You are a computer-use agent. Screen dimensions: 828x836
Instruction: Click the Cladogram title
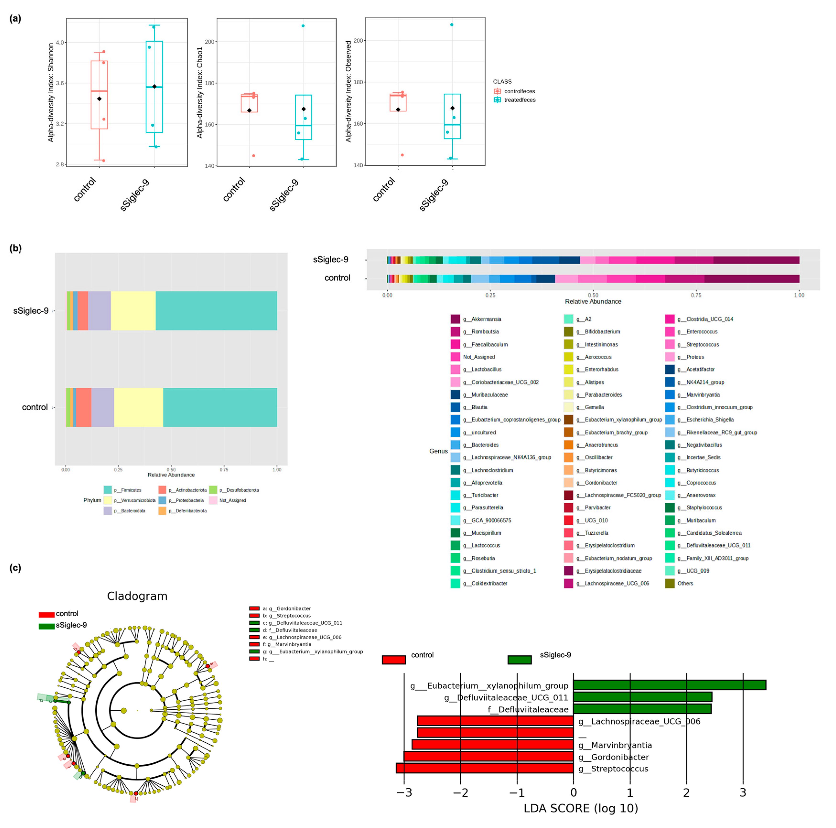pyautogui.click(x=137, y=596)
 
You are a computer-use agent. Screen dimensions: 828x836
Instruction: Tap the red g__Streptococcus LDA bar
pyautogui.click(x=485, y=768)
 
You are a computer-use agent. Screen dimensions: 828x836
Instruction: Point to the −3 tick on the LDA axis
pyautogui.click(x=404, y=792)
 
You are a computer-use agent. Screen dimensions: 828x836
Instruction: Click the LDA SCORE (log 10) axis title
pyautogui.click(x=581, y=808)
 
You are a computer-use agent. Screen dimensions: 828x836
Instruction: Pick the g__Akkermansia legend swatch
pyautogui.click(x=455, y=319)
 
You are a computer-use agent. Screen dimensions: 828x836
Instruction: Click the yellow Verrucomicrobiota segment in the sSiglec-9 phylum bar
pyautogui.click(x=133, y=311)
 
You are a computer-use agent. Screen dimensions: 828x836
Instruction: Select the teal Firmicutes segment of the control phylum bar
pyautogui.click(x=220, y=407)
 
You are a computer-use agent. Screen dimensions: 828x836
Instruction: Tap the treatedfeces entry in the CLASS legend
pyautogui.click(x=519, y=100)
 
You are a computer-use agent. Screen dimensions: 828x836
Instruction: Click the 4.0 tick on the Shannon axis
pyautogui.click(x=60, y=42)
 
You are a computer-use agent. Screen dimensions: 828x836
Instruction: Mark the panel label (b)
pyautogui.click(x=16, y=248)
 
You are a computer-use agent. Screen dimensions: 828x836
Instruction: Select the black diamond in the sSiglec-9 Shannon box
pyautogui.click(x=155, y=86)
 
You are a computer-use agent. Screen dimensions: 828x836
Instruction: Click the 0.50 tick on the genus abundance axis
pyautogui.click(x=593, y=295)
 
